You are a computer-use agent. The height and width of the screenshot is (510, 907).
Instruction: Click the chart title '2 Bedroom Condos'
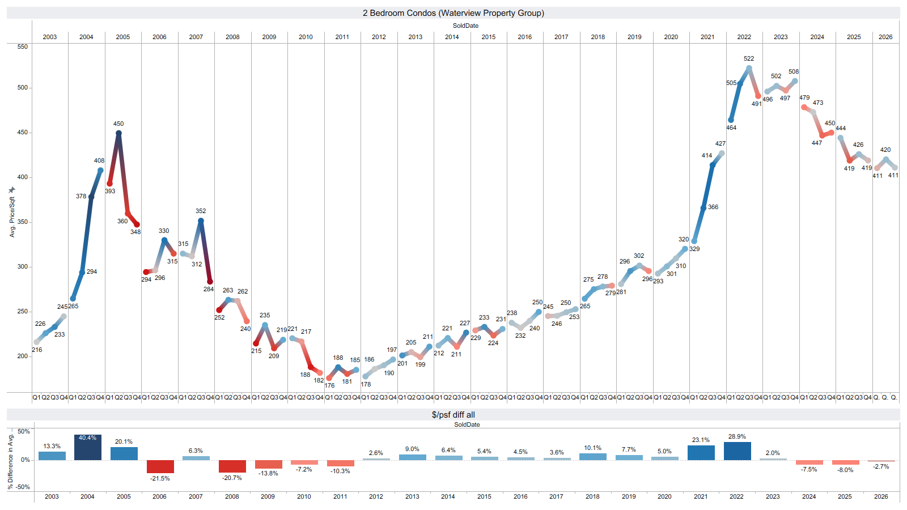pyautogui.click(x=400, y=13)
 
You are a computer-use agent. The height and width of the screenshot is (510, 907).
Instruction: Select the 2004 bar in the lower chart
pyautogui.click(x=87, y=447)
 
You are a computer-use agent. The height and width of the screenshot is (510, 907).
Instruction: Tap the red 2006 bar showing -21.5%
pyautogui.click(x=160, y=466)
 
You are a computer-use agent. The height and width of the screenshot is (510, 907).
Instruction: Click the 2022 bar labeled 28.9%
pyautogui.click(x=738, y=451)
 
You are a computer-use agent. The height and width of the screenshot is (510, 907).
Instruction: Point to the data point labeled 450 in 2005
pyautogui.click(x=118, y=133)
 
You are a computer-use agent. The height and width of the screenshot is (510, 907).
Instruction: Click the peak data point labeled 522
pyautogui.click(x=749, y=69)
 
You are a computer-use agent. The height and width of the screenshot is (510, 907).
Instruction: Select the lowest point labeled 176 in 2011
pyautogui.click(x=329, y=378)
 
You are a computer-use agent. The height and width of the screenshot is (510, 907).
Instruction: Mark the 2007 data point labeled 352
pyautogui.click(x=201, y=220)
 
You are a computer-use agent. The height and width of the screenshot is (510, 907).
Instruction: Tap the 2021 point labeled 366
pyautogui.click(x=703, y=207)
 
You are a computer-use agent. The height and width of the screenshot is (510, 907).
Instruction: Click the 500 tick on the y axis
pyautogui.click(x=22, y=87)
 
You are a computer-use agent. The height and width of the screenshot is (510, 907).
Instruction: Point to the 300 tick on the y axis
pyautogui.click(x=22, y=267)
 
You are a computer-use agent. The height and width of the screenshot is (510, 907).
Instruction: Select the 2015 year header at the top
pyautogui.click(x=488, y=37)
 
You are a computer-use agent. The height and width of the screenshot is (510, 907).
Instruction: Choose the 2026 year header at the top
pyautogui.click(x=885, y=37)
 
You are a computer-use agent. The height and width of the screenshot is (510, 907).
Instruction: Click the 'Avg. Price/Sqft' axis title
pyautogui.click(x=12, y=217)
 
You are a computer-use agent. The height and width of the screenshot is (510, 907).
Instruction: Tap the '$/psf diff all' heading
pyautogui.click(x=453, y=414)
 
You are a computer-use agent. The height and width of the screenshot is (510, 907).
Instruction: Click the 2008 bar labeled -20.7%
pyautogui.click(x=232, y=466)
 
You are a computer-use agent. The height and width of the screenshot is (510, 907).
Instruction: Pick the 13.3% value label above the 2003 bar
pyautogui.click(x=52, y=446)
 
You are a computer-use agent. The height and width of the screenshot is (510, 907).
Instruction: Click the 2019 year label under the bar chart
pyautogui.click(x=629, y=496)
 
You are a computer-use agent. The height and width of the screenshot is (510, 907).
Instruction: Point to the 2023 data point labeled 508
pyautogui.click(x=795, y=82)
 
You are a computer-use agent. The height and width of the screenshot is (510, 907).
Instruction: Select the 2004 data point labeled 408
pyautogui.click(x=100, y=171)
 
